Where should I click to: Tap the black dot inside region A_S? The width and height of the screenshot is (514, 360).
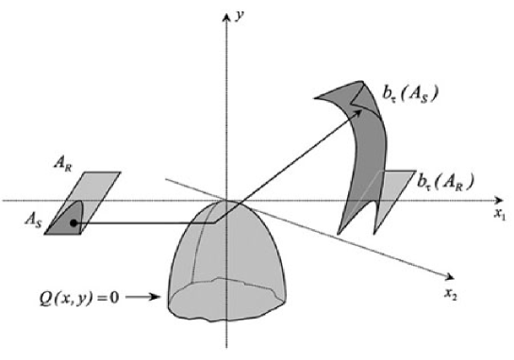(72, 224)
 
